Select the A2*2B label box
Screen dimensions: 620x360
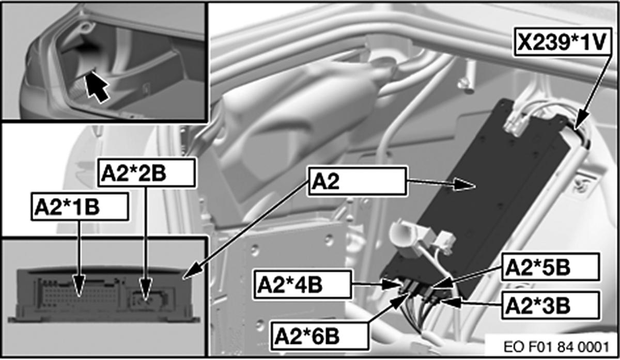(146, 173)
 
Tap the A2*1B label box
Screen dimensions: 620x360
(80, 207)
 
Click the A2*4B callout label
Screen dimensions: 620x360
(303, 285)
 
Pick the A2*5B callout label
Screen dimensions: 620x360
(550, 267)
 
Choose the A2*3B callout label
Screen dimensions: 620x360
(550, 305)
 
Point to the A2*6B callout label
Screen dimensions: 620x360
(320, 336)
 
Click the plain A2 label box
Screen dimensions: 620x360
(358, 181)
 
